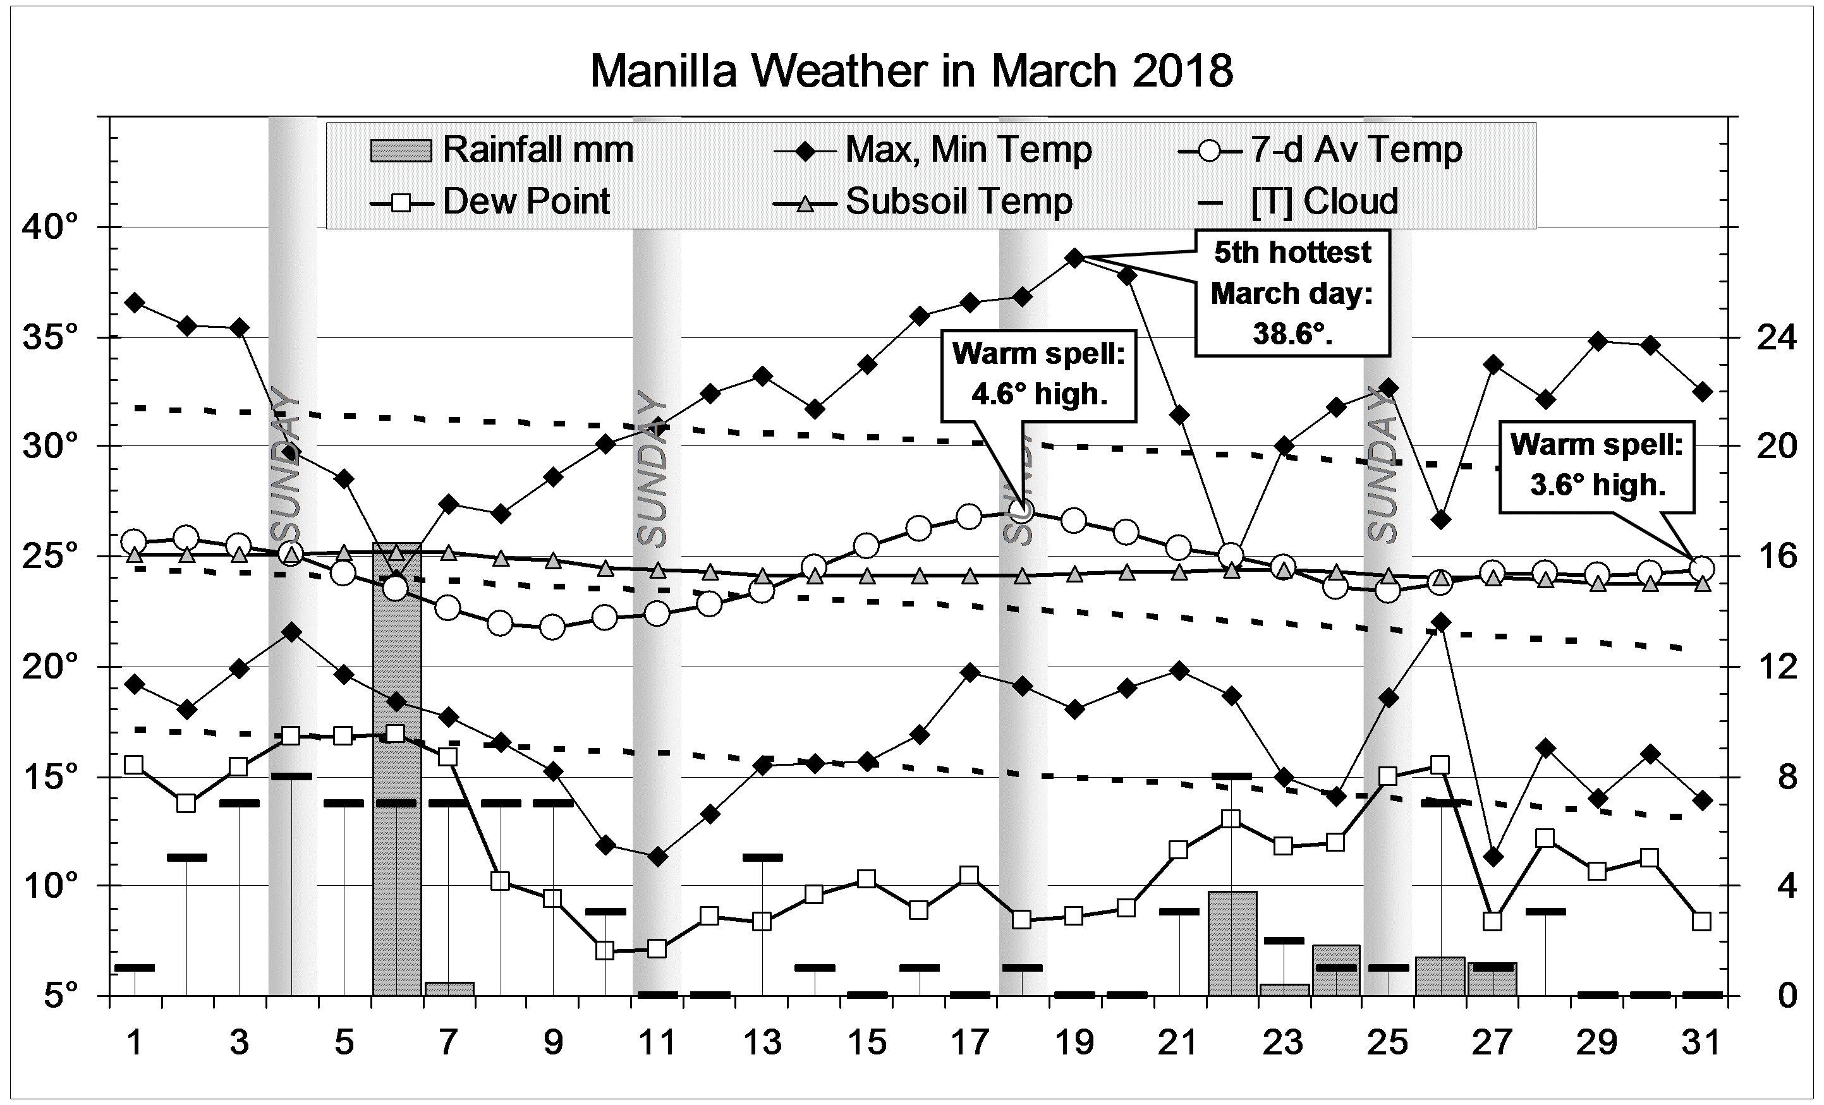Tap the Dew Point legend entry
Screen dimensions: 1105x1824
point(526,202)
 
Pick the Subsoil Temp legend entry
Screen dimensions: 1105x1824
point(958,202)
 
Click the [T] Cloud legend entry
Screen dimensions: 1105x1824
point(1323,202)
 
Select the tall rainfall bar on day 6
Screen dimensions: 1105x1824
point(397,770)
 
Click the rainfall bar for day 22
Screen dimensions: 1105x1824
point(1232,944)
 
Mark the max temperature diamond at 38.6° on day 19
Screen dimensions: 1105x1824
point(1076,258)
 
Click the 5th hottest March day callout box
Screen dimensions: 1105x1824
point(1292,293)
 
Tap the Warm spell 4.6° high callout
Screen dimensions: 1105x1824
point(1038,375)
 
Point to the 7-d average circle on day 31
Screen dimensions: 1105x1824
point(1701,569)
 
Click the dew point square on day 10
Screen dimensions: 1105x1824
point(605,950)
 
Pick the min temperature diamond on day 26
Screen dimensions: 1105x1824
point(1440,622)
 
